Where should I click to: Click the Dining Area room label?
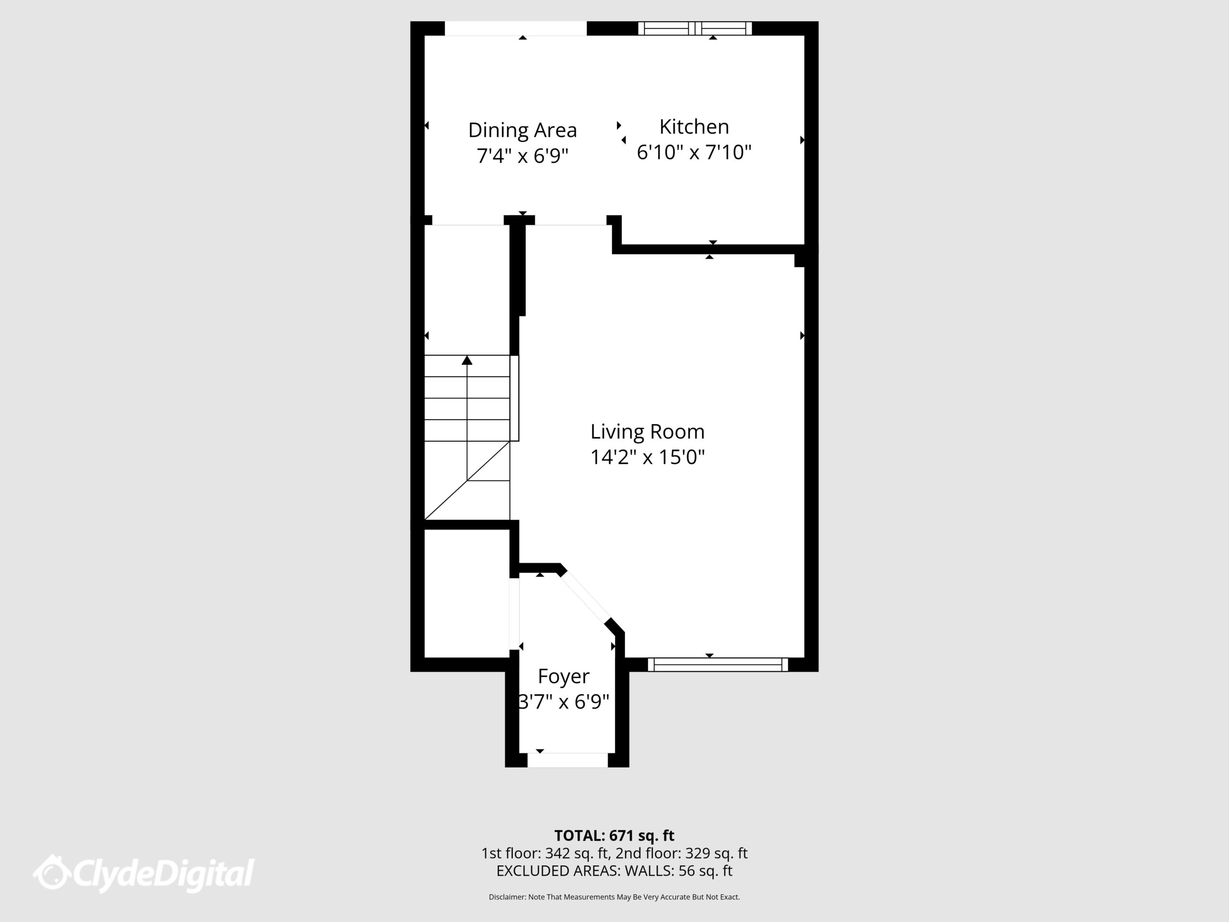522,130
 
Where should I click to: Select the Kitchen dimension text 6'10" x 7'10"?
694,152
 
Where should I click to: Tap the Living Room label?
647,431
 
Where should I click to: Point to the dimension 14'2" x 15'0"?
647,457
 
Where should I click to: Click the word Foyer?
564,676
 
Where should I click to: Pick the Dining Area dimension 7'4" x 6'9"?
522,156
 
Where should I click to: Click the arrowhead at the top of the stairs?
467,361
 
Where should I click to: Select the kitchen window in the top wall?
695,28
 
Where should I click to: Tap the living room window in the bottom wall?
718,665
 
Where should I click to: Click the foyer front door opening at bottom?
567,760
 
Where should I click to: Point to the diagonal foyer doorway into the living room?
585,597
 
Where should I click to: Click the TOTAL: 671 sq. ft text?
614,835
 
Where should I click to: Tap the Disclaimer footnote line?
614,897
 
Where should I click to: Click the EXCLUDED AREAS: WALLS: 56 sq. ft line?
614,871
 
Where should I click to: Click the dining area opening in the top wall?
516,28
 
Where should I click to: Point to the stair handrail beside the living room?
515,398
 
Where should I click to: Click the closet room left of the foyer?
467,593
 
